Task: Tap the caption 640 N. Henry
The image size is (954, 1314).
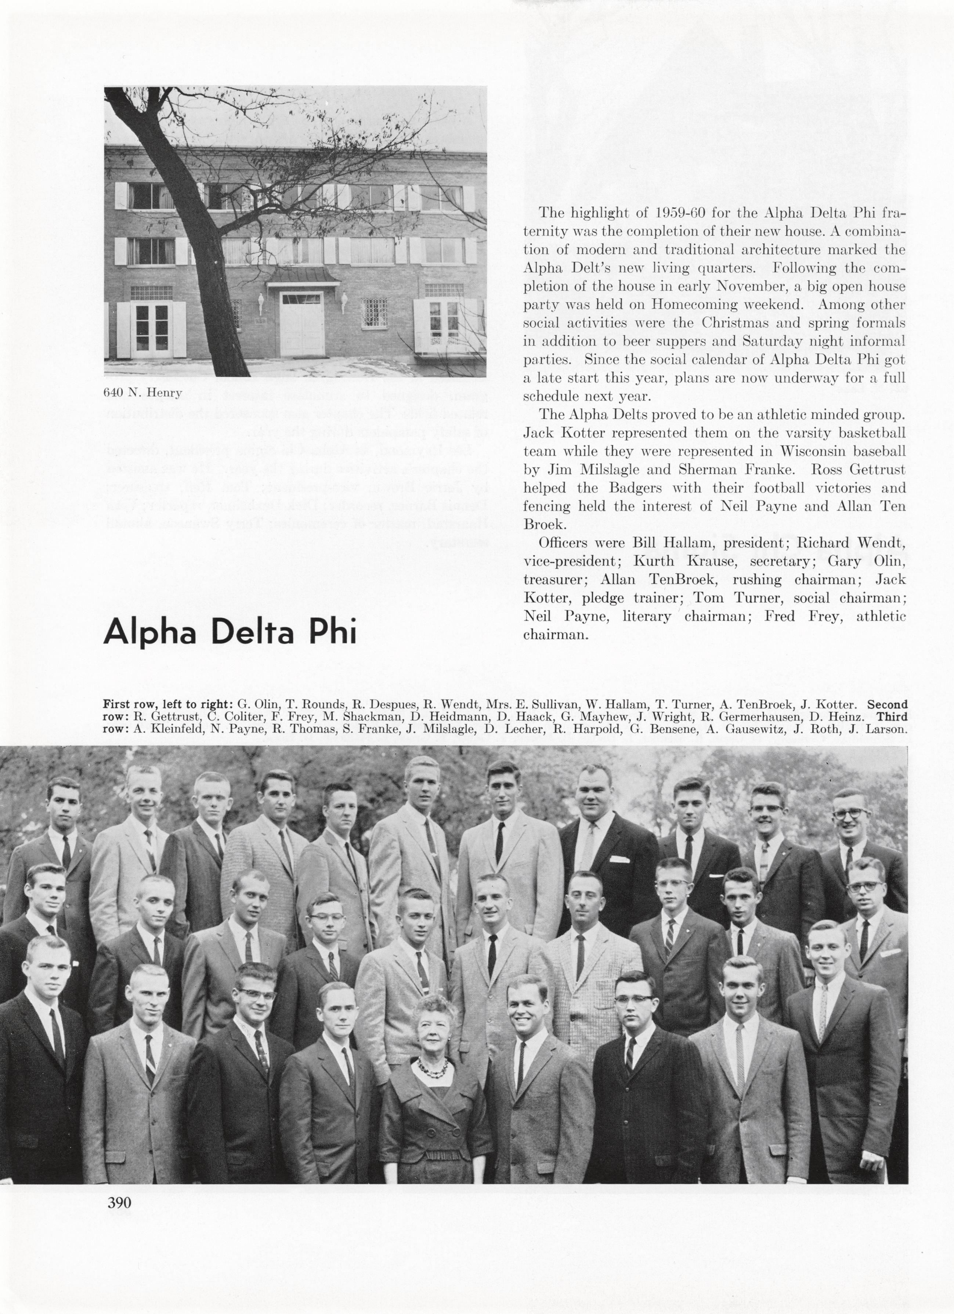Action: tap(142, 392)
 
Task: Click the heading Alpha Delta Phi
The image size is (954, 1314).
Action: tap(230, 632)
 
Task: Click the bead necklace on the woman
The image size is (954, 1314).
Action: tap(432, 1066)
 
